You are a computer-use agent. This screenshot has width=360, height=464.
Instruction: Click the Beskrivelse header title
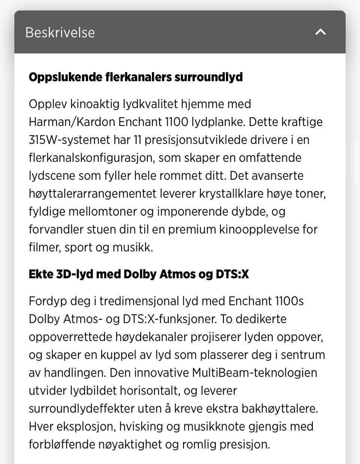pyautogui.click(x=60, y=33)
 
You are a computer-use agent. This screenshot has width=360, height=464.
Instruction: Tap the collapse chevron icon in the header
pyautogui.click(x=321, y=32)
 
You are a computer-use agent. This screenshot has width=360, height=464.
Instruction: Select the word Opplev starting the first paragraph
pyautogui.click(x=48, y=104)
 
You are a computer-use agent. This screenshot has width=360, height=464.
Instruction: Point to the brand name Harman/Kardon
pyautogui.click(x=72, y=122)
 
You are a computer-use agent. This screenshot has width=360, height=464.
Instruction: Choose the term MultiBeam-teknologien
pyautogui.click(x=255, y=373)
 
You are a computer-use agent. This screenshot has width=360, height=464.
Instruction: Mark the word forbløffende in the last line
pyautogui.click(x=62, y=444)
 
